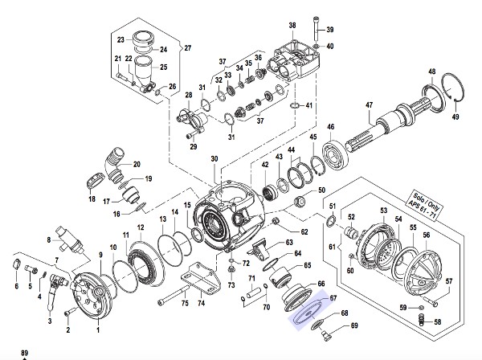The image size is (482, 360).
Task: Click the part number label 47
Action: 370,104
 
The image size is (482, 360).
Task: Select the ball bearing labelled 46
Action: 336,155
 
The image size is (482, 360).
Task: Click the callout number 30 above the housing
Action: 214,158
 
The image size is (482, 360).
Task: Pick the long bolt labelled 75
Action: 174,295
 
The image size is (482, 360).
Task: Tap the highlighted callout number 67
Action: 333,297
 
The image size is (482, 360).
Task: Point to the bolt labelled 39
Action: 317,28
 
